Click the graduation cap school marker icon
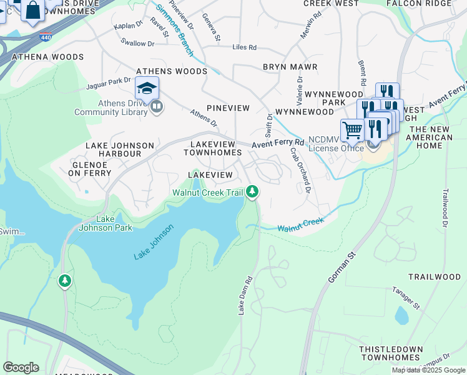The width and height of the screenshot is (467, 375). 147,88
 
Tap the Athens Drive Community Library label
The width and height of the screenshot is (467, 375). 112,107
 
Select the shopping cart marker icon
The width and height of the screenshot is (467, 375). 352,130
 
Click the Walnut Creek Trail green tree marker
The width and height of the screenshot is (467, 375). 252,191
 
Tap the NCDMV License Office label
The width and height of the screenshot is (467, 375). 336,144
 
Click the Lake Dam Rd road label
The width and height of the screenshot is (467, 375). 244,295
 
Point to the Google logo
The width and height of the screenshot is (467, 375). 21,367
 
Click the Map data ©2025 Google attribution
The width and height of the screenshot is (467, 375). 428,370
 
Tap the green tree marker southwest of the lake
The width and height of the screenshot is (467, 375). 65,281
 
